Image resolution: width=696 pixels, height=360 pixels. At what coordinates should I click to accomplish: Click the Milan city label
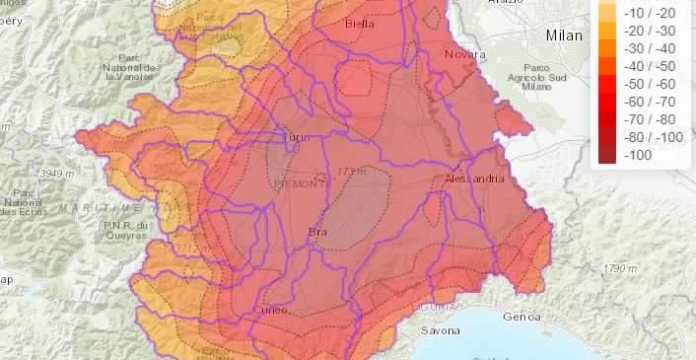[564, 36]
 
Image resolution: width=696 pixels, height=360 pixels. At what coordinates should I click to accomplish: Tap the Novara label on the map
[466, 54]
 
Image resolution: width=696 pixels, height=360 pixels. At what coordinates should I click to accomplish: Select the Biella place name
[362, 23]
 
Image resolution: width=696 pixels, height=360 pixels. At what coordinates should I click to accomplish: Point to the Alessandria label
[474, 180]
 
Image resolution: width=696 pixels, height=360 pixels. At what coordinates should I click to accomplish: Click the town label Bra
[318, 233]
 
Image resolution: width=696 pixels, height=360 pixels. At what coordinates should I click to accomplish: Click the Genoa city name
[521, 317]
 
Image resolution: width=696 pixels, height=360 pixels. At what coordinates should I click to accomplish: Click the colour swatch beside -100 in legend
[608, 155]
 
